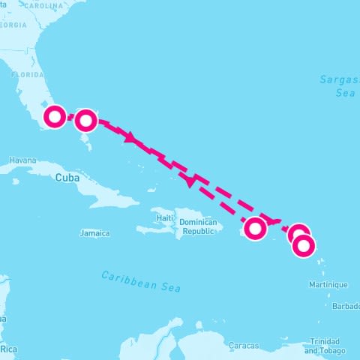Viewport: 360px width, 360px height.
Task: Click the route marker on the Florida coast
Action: point(55,116)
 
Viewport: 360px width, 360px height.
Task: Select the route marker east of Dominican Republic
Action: point(256,227)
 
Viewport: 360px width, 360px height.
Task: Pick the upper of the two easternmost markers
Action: point(298,234)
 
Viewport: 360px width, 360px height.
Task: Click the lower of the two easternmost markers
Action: point(304,245)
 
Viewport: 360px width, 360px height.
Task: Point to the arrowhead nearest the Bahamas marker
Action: point(130,139)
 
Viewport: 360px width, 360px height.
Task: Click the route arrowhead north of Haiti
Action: point(192,180)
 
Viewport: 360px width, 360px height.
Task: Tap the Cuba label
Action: point(67,178)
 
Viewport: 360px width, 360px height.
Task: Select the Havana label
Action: point(22,160)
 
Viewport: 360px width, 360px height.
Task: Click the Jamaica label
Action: point(95,233)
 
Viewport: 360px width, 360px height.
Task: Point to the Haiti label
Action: point(165,217)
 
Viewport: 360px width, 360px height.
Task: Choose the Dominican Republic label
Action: point(199,227)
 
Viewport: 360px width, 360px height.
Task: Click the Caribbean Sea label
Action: point(141,281)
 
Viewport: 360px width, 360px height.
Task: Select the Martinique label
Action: point(328,284)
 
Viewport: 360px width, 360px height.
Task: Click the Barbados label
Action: point(346,306)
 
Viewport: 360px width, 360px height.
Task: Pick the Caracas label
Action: point(244,346)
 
